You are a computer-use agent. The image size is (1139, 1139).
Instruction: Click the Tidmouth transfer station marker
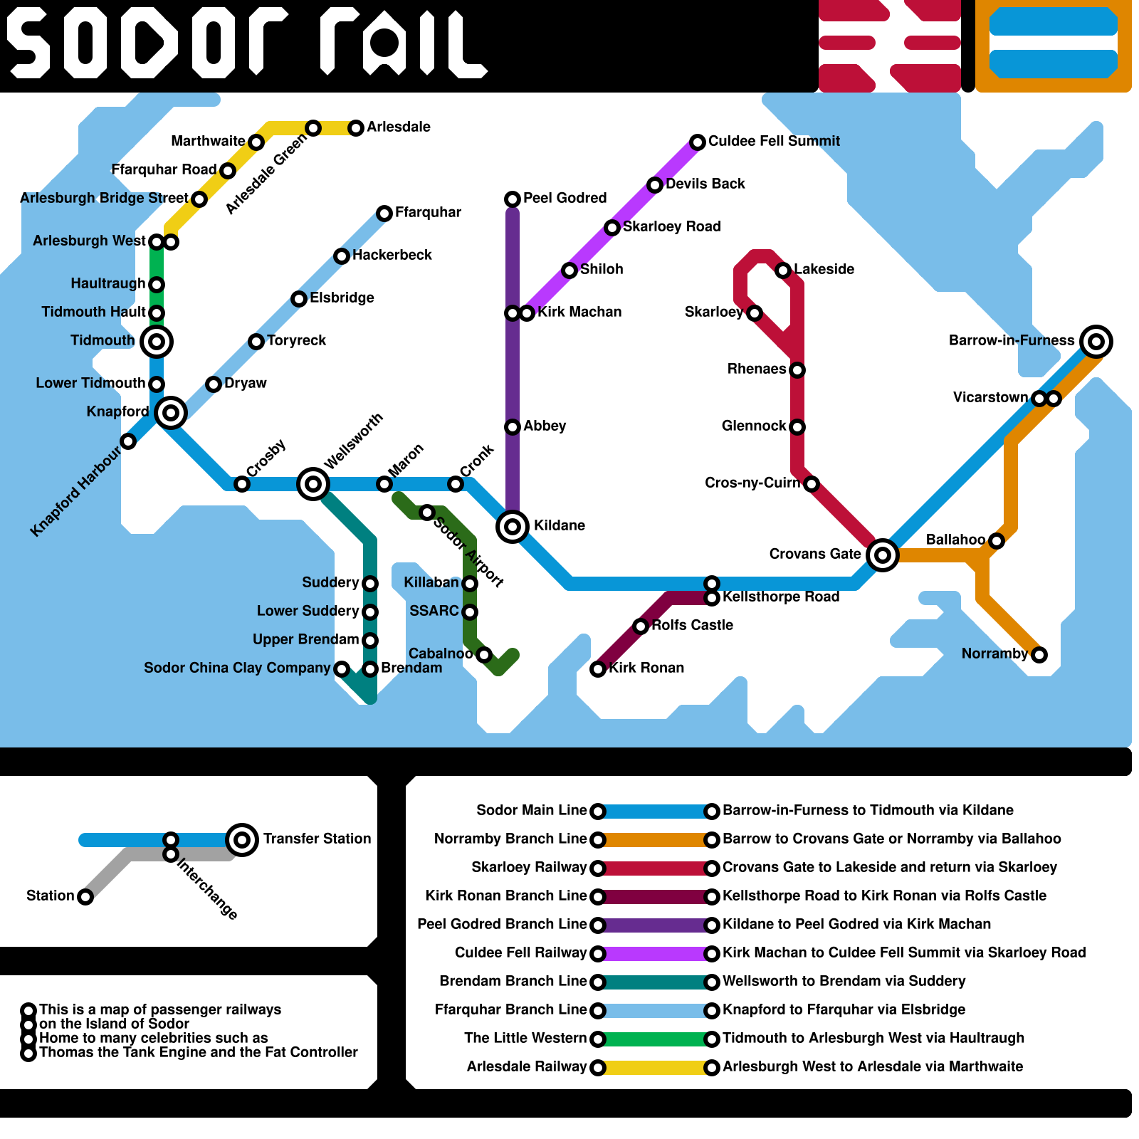click(x=157, y=342)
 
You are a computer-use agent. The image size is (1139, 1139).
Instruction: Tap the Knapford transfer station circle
click(x=171, y=412)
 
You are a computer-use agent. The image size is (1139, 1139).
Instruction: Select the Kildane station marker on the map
click(x=513, y=527)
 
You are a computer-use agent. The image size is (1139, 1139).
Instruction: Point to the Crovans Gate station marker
click(x=883, y=555)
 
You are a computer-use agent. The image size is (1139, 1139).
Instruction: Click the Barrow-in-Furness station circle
click(x=1096, y=342)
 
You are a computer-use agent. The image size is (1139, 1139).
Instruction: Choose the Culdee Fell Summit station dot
click(x=698, y=142)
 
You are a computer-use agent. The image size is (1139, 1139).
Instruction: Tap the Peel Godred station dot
click(x=513, y=199)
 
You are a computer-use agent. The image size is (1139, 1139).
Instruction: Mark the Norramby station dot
click(x=1039, y=655)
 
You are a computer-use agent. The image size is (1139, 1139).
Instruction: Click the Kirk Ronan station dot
click(x=598, y=669)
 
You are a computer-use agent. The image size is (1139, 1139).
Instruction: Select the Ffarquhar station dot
click(x=384, y=214)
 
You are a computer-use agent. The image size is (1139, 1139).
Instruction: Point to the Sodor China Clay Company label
click(x=237, y=668)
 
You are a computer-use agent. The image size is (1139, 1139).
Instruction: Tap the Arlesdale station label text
click(x=399, y=127)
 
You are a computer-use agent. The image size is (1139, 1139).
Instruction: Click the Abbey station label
click(x=545, y=426)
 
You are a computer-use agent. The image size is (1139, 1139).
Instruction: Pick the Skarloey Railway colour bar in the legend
click(x=655, y=868)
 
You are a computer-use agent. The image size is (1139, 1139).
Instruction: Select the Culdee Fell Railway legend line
click(x=655, y=954)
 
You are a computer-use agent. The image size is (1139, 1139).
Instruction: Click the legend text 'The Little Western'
click(x=525, y=1038)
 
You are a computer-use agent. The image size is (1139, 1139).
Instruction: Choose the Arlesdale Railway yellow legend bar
click(x=655, y=1068)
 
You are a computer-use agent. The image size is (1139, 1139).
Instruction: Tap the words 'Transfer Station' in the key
click(x=317, y=839)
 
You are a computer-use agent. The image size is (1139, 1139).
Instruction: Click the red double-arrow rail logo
click(x=890, y=46)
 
